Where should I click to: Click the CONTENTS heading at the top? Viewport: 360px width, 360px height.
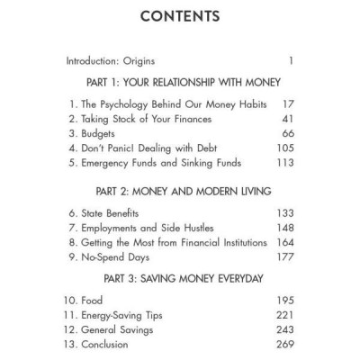tap(180, 19)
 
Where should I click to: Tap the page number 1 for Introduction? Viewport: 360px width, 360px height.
tap(291, 62)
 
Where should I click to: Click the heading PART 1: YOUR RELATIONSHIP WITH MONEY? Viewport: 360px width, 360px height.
tap(180, 83)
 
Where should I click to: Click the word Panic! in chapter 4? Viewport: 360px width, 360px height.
tap(124, 149)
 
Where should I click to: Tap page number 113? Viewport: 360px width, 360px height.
tap(285, 164)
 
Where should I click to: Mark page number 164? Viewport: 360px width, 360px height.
tap(284, 243)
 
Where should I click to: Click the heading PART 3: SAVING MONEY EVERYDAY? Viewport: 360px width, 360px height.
tap(180, 278)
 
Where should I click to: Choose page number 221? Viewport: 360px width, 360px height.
tap(284, 315)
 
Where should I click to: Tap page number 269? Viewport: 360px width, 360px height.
tap(284, 345)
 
